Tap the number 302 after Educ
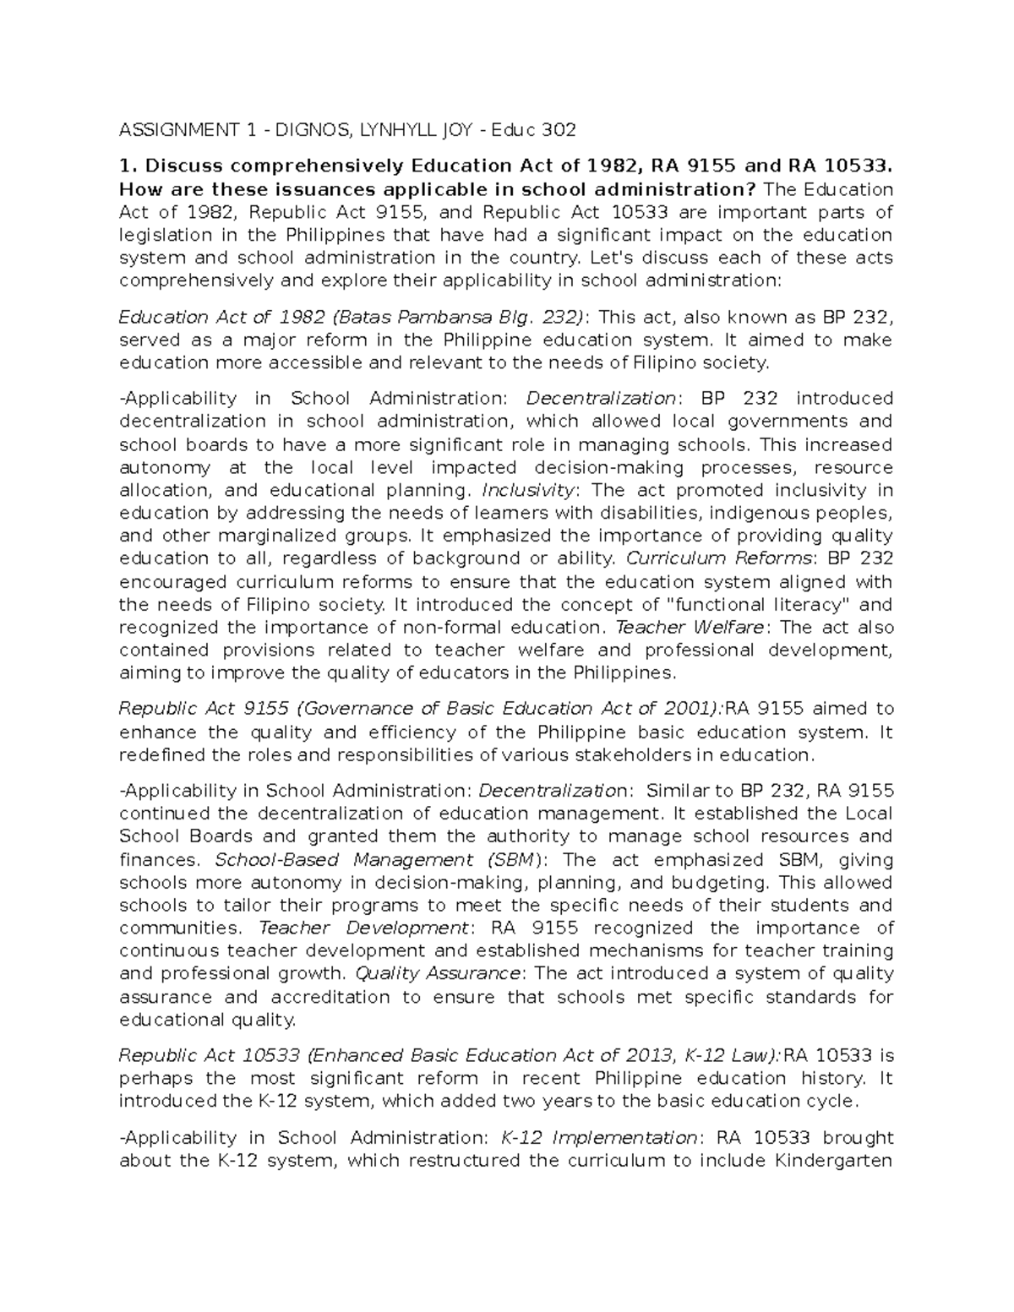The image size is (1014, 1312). point(559,130)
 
